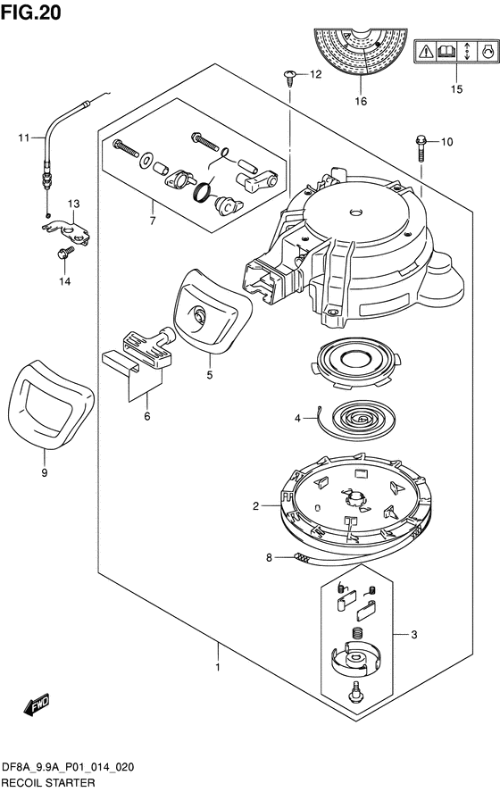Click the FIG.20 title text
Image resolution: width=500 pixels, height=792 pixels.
pyautogui.click(x=31, y=13)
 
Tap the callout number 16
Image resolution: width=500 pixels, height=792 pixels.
pyautogui.click(x=361, y=102)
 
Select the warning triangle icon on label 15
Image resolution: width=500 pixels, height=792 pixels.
pyautogui.click(x=427, y=51)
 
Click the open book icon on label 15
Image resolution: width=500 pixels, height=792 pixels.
pyautogui.click(x=447, y=51)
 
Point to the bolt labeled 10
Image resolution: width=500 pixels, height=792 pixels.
pyautogui.click(x=421, y=147)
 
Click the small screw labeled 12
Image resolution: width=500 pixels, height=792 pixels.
pyautogui.click(x=290, y=78)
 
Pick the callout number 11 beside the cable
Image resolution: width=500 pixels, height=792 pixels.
pyautogui.click(x=25, y=138)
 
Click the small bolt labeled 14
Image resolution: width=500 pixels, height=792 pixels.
pyautogui.click(x=64, y=253)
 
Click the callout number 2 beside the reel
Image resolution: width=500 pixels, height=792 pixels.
pyautogui.click(x=256, y=505)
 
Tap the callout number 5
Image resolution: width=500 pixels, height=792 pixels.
pyautogui.click(x=210, y=375)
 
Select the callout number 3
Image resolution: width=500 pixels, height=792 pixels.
pyautogui.click(x=414, y=635)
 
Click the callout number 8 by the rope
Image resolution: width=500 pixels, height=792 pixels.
pyautogui.click(x=269, y=558)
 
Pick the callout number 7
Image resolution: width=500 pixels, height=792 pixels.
pyautogui.click(x=153, y=221)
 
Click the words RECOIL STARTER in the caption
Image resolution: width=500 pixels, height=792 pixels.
pyautogui.click(x=48, y=782)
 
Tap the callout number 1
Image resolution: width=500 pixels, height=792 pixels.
pyautogui.click(x=218, y=667)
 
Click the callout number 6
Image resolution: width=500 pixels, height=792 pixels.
pyautogui.click(x=147, y=416)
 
